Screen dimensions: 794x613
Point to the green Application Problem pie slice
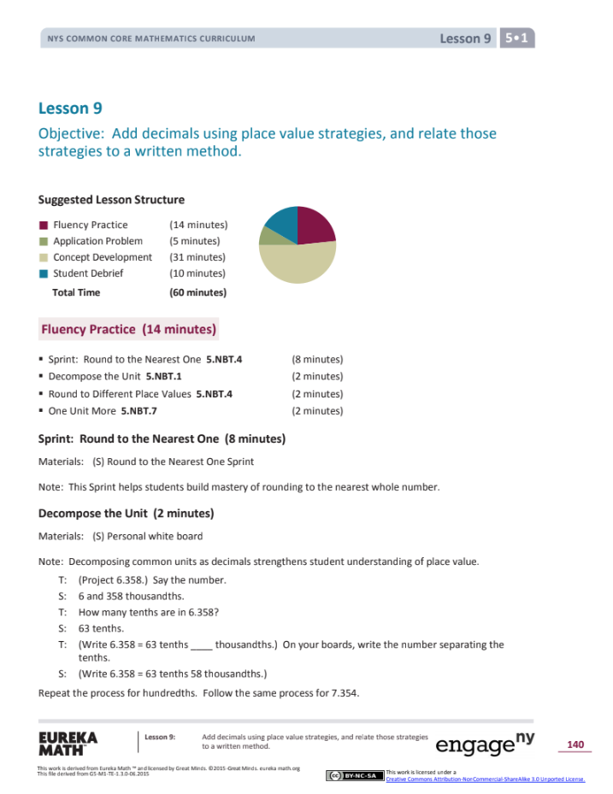268,235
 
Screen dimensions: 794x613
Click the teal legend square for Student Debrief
43,273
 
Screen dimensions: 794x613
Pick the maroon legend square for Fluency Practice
43,225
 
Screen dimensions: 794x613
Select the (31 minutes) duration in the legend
197,257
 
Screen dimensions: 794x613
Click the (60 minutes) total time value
197,292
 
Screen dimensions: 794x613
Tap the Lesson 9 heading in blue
64,109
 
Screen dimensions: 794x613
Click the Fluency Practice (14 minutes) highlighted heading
128,329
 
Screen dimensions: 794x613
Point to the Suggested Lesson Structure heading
111,200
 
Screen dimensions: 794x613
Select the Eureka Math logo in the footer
68,743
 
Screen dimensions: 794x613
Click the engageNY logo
485,743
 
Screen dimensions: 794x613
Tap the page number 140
575,745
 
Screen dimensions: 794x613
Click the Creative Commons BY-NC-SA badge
354,775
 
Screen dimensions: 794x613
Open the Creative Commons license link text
485,779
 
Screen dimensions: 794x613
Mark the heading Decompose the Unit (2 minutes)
126,514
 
